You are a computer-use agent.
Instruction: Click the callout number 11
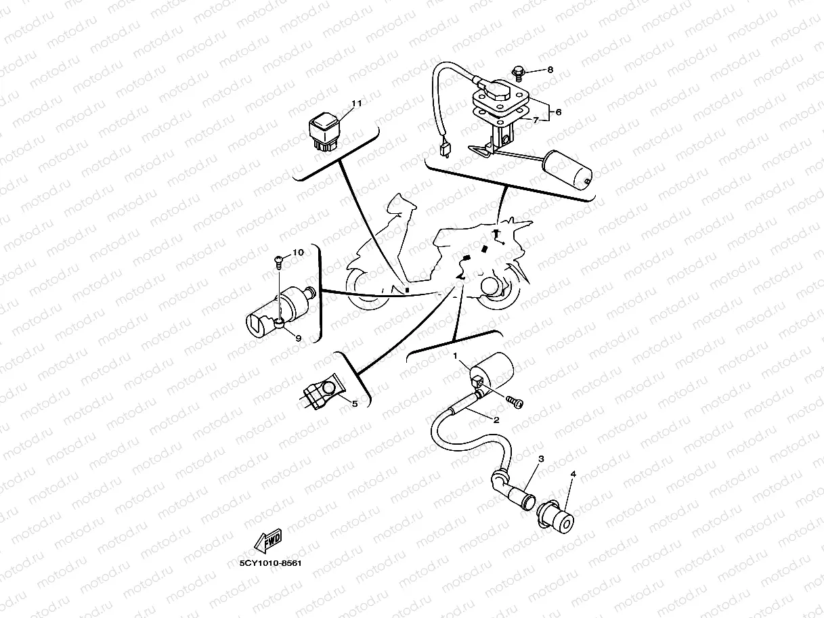click(x=357, y=104)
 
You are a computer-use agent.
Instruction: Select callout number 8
click(x=550, y=70)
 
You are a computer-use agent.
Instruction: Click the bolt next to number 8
click(x=518, y=70)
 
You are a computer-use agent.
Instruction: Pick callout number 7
click(x=536, y=120)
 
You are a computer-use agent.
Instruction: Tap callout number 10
click(x=298, y=252)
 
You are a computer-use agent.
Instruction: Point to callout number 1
click(x=456, y=356)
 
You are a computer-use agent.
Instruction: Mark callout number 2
click(x=496, y=420)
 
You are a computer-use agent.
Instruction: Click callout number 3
click(x=541, y=459)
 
